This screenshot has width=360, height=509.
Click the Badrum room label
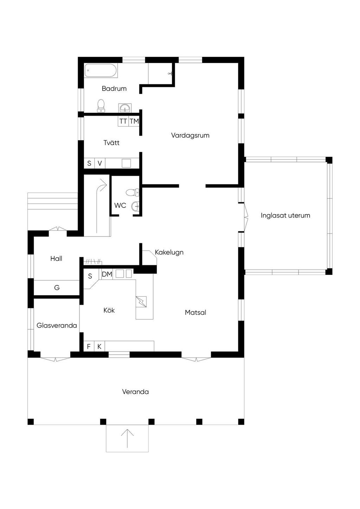point(114,88)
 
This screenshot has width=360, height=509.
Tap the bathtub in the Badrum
point(101,70)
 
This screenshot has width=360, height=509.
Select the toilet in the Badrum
point(101,106)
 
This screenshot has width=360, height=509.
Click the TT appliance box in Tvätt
point(123,121)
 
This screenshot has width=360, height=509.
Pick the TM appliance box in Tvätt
point(134,121)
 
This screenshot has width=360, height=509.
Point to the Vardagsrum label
point(190,135)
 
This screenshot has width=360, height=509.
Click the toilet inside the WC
point(133,193)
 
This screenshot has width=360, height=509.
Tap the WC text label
point(120,205)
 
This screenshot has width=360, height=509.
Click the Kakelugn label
point(169,252)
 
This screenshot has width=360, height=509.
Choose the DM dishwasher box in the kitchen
point(107,274)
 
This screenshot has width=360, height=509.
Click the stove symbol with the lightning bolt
point(141,302)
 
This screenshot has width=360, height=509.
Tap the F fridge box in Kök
point(89,346)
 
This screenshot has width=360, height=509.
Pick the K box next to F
point(99,346)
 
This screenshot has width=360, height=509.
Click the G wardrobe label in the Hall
point(57,288)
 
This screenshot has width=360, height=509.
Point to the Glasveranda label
point(57,326)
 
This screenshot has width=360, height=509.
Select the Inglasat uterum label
point(285,215)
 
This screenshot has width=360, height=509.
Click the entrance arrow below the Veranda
point(127,438)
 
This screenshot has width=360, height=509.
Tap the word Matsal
point(195,313)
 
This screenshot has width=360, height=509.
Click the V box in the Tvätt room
point(100,163)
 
